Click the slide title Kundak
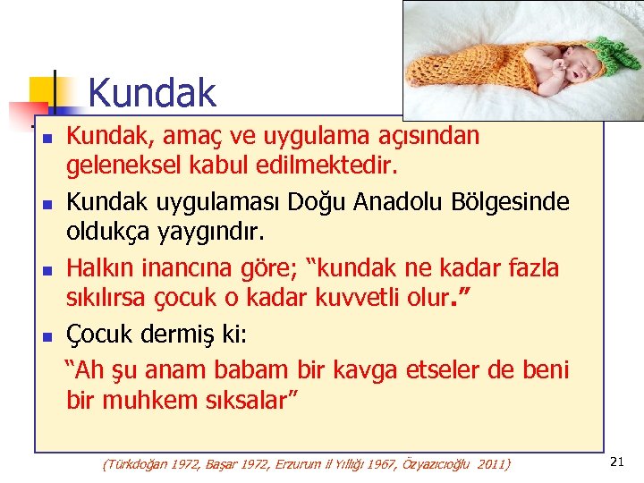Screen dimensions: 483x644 click(152, 93)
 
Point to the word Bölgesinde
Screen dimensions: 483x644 click(516, 202)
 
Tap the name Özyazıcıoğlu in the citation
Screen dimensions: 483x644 click(429, 464)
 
